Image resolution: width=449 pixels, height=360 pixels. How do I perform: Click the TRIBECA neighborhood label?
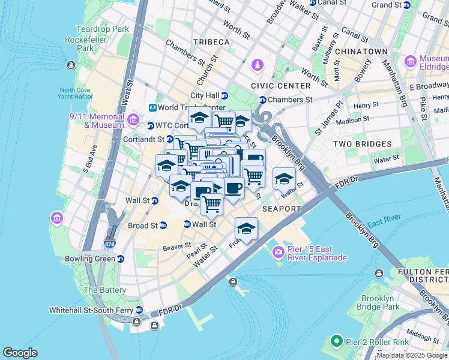click(x=211, y=41)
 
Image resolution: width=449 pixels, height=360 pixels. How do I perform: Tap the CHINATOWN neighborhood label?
click(x=361, y=52)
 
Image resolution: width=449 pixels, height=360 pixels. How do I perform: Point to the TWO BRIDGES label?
click(x=362, y=144)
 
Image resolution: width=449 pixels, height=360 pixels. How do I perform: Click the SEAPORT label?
click(x=282, y=208)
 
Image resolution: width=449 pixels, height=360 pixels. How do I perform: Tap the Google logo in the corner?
click(x=20, y=353)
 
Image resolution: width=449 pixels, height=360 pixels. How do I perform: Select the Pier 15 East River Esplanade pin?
click(x=278, y=252)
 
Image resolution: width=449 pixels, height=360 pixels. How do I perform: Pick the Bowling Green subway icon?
click(x=121, y=259)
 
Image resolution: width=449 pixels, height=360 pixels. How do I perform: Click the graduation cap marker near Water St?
click(x=284, y=178)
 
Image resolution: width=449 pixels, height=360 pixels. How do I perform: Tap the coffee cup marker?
click(x=234, y=188)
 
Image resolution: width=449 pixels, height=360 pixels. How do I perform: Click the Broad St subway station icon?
click(x=164, y=226)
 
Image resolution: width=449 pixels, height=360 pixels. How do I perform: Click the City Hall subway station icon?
click(x=224, y=95)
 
